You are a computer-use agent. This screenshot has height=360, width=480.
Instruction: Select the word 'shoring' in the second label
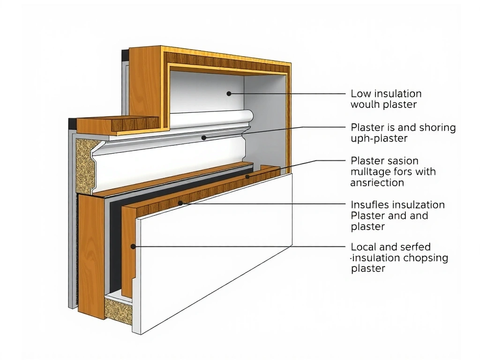click(x=438, y=127)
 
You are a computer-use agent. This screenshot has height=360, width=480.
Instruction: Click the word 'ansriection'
click(x=377, y=183)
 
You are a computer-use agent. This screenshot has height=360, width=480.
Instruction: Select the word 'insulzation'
click(x=417, y=205)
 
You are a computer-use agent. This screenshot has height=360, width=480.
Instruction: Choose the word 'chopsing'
click(x=427, y=258)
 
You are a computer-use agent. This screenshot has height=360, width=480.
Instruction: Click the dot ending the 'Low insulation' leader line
click(x=229, y=94)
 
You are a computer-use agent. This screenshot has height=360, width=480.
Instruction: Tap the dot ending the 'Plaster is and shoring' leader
click(x=203, y=137)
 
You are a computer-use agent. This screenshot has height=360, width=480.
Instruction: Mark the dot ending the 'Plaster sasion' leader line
click(x=247, y=177)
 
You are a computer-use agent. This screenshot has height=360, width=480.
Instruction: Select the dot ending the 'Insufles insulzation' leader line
click(x=180, y=203)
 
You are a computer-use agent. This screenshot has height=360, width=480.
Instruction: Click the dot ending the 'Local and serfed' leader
click(x=133, y=246)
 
